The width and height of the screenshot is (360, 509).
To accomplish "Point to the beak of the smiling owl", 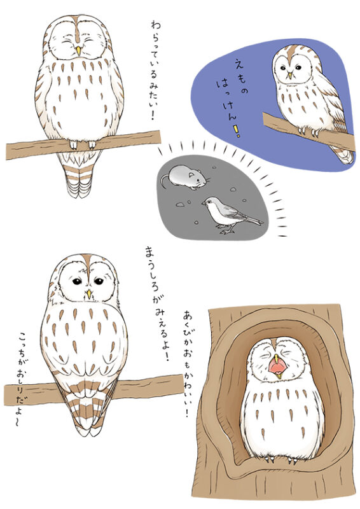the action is click(78, 51).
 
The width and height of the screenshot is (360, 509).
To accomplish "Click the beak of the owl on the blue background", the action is click(289, 75).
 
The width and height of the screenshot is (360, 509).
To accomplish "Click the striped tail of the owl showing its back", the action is click(88, 407).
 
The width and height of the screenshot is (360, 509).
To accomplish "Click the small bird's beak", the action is click(203, 204).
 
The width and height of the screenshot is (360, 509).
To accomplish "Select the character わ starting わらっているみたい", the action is click(156, 25).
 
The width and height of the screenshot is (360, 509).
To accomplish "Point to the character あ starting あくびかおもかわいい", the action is click(189, 314).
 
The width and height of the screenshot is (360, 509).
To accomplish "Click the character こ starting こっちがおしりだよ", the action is click(24, 337).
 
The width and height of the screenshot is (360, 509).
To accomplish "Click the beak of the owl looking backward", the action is click(88, 294).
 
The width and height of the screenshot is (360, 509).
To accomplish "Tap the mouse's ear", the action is click(192, 174).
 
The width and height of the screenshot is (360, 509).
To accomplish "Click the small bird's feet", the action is click(226, 232).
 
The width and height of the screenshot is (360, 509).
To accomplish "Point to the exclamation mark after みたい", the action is click(153, 115).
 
